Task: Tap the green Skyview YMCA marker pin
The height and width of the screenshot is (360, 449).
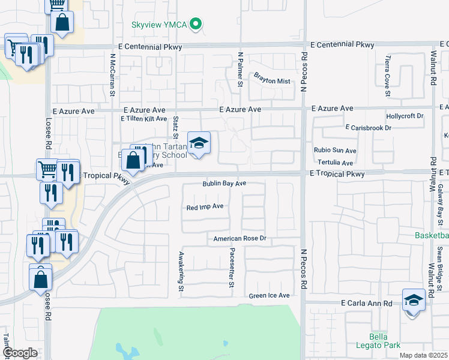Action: click(x=194, y=25)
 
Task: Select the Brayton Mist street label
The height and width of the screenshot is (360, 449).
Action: click(x=271, y=81)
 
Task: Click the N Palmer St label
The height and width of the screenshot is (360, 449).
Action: click(x=240, y=70)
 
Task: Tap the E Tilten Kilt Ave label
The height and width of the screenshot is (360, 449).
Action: click(x=144, y=119)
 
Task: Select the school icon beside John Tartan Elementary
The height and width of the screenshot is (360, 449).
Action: click(x=199, y=143)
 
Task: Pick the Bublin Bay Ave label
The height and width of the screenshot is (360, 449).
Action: click(x=224, y=184)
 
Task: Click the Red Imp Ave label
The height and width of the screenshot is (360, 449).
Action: click(x=205, y=206)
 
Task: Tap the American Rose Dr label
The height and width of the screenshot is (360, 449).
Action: click(x=240, y=239)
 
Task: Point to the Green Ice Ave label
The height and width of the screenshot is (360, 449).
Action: click(x=270, y=296)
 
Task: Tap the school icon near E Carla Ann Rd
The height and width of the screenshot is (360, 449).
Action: click(x=414, y=299)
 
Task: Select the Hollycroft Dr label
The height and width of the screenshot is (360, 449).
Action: click(x=405, y=115)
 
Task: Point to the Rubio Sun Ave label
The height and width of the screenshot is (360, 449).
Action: click(x=335, y=151)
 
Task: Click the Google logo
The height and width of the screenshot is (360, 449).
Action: click(x=20, y=353)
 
